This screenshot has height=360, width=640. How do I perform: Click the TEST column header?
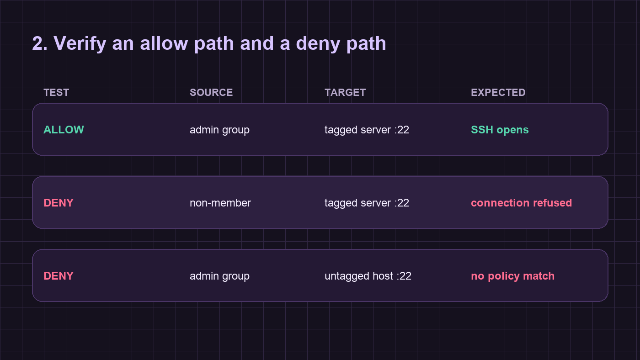coord(56,92)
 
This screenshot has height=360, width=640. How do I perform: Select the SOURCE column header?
coord(211,92)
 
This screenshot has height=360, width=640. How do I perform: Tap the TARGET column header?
coord(345,92)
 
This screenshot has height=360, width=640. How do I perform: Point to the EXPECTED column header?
coord(498,92)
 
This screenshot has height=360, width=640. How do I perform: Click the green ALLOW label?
coord(64,130)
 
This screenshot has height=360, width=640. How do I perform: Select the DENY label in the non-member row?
coord(59,203)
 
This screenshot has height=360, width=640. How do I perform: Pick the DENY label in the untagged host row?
coord(59,276)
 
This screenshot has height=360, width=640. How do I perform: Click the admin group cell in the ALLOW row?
coord(220,130)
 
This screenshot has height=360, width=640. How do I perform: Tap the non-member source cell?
coord(220,203)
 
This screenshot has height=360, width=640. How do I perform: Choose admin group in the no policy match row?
coord(220,276)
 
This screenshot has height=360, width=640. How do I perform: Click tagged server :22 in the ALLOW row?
coord(367,130)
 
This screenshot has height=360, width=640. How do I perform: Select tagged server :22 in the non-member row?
coord(367,203)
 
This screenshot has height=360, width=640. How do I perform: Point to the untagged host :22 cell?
coord(368,276)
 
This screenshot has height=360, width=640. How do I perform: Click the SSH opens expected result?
coord(500,130)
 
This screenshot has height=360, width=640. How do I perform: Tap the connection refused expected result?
coord(522,203)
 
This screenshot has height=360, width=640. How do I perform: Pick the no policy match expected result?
coord(512,276)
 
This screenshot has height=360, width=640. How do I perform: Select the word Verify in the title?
coord(80,44)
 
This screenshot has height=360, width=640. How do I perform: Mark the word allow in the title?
coord(164,43)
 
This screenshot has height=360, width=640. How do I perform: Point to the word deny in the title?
coord(318,44)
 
